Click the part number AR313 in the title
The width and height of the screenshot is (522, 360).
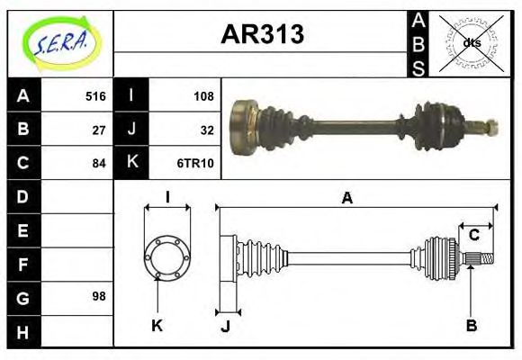point(262,34)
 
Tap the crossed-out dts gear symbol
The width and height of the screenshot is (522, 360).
point(470,42)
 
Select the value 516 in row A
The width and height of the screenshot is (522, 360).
point(95,96)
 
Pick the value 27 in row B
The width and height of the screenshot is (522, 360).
point(99,130)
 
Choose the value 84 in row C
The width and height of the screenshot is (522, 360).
point(99,163)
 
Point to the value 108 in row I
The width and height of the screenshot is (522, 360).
point(203,96)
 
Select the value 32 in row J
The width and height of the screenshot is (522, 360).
point(207,130)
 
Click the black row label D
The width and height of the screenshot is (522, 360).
point(22,196)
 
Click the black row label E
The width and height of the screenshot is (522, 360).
point(22,229)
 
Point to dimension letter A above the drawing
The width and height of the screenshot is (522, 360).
point(346,198)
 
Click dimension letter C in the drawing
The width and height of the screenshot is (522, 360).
point(473,235)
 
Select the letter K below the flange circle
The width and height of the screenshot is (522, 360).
point(157,325)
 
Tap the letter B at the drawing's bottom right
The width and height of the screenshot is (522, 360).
point(470,325)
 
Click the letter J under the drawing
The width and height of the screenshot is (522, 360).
point(225,325)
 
